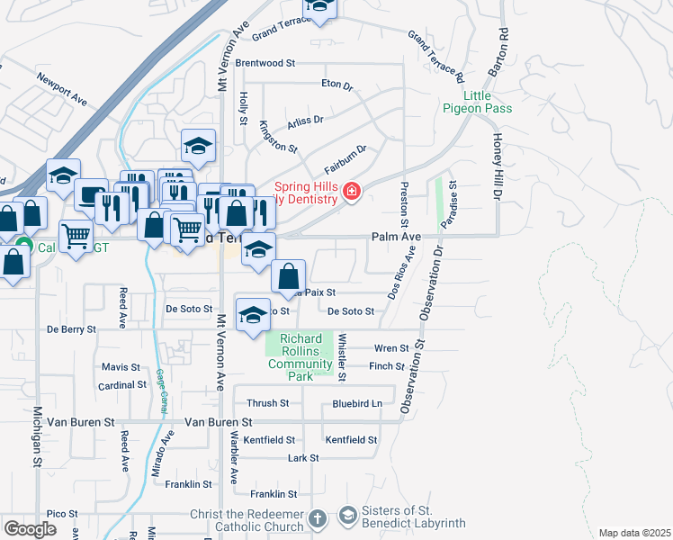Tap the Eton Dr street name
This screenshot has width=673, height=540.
[x=336, y=84]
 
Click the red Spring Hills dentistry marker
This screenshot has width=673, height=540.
[x=350, y=191]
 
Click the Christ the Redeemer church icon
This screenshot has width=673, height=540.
[x=317, y=518]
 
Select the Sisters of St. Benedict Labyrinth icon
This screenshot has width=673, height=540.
[x=347, y=516]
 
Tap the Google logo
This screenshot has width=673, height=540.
[x=30, y=528]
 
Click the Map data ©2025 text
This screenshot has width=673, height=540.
[x=634, y=533]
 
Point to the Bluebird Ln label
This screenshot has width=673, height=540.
[x=357, y=404]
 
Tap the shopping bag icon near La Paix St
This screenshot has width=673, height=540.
[x=289, y=275]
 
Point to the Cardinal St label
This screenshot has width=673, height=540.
[x=122, y=384]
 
